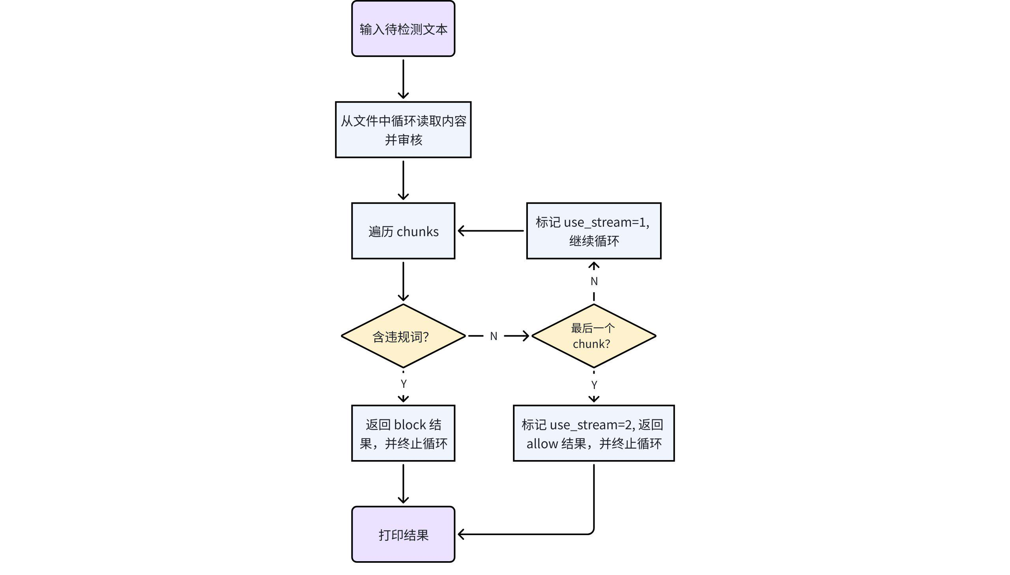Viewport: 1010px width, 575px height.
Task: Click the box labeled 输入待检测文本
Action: (x=403, y=29)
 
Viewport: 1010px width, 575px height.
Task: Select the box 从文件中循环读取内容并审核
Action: (x=403, y=130)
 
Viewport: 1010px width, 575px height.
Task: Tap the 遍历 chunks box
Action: (x=403, y=231)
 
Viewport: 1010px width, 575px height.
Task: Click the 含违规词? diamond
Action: (x=403, y=336)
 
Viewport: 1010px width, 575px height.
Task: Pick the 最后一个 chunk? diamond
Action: (x=593, y=336)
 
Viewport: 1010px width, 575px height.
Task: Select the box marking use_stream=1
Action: (x=593, y=231)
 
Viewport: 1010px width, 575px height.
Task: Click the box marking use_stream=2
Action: (x=593, y=433)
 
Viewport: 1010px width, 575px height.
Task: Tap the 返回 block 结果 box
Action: (x=403, y=433)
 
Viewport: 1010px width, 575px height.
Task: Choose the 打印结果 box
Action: (x=403, y=534)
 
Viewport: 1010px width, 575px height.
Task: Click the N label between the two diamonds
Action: (x=494, y=336)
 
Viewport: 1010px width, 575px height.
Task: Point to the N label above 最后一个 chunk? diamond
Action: (x=594, y=281)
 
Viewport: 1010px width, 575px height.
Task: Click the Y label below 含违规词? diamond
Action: (x=403, y=383)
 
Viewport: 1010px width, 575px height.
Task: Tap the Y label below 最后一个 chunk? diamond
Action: (x=594, y=385)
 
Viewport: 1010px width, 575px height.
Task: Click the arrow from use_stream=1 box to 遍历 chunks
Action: (x=491, y=231)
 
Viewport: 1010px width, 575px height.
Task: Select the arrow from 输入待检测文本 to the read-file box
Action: (x=403, y=79)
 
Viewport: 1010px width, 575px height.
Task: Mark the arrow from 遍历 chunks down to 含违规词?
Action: (x=403, y=281)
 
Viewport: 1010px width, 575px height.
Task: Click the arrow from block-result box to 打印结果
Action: (x=403, y=484)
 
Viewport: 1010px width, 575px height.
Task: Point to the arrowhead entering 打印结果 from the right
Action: (x=461, y=534)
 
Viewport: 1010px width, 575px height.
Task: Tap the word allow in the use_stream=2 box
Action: (x=542, y=444)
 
